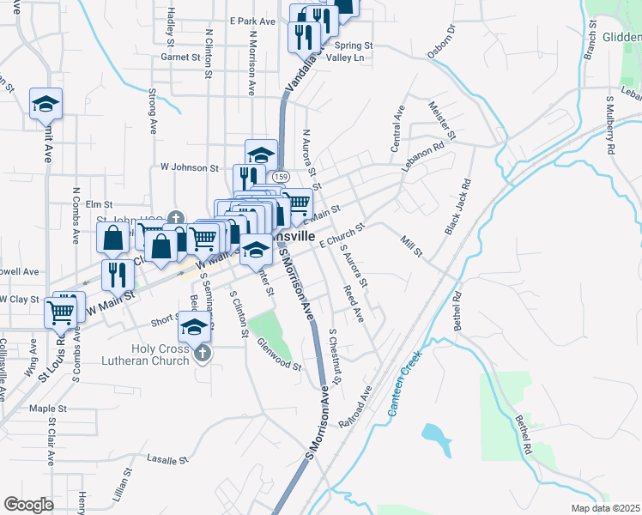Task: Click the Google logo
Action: click(28, 505)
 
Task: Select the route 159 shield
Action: click(280, 176)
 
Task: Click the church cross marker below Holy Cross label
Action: click(203, 354)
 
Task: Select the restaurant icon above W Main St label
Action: click(117, 275)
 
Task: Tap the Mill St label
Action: click(412, 245)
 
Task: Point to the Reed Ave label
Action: click(354, 305)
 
